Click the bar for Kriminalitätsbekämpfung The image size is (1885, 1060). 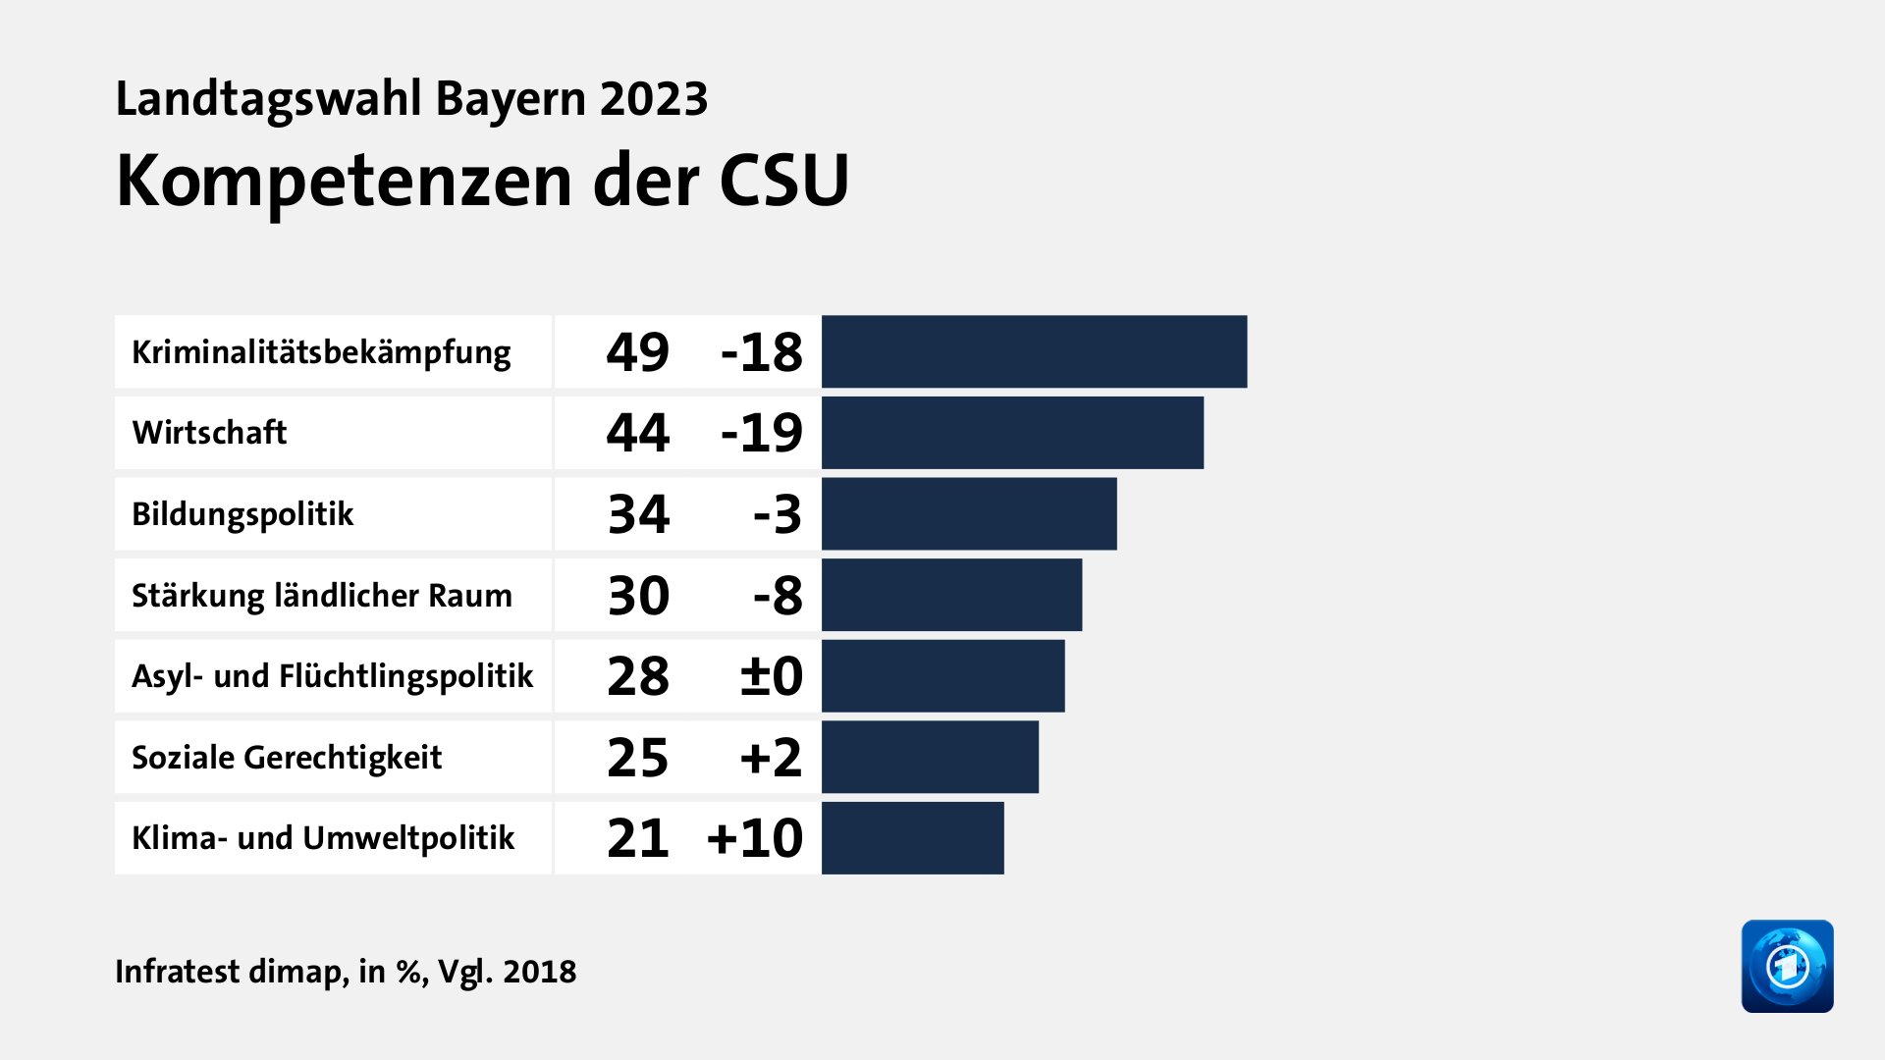point(1034,351)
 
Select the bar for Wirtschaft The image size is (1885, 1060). point(1012,433)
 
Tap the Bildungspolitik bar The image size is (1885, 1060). point(969,514)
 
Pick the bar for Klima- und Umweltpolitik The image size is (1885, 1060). point(913,838)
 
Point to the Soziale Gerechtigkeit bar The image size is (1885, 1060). point(930,757)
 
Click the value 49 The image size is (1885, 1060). point(637,352)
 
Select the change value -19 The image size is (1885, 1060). point(761,433)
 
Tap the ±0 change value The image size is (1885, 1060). point(771,676)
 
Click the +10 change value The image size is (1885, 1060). point(754,838)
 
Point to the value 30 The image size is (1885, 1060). point(638,596)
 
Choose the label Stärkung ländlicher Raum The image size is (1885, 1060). point(322,596)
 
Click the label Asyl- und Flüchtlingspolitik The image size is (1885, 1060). point(332,676)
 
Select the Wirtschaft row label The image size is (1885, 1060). point(209,433)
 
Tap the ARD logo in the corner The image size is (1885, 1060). point(1787,966)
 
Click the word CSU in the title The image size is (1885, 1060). point(783,182)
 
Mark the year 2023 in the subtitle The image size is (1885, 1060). point(654,99)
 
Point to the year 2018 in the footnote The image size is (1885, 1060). point(539,972)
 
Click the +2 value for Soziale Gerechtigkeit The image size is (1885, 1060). point(771,758)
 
